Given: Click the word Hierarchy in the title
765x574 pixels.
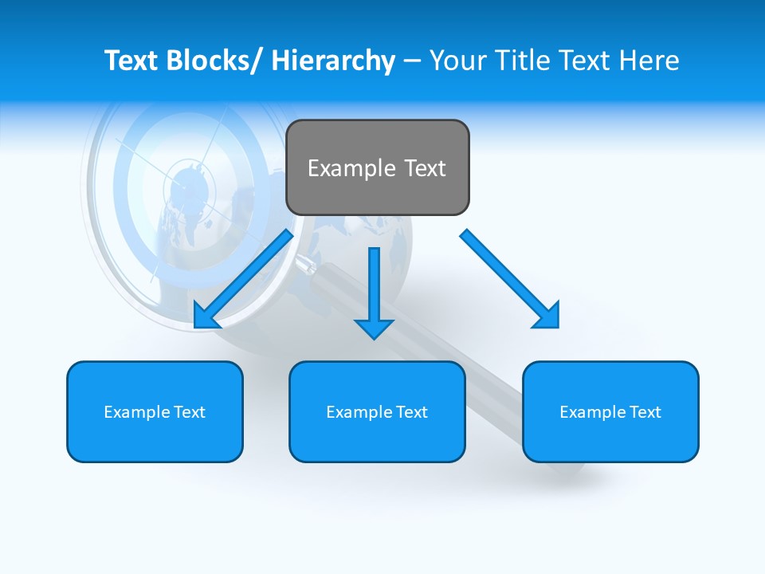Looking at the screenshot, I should [333, 61].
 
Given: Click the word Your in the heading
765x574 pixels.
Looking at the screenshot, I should [456, 61].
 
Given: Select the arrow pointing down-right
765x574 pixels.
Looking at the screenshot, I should [510, 279].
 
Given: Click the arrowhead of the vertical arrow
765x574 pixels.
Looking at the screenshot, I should [374, 328].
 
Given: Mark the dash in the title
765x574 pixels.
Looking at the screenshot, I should [412, 61].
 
